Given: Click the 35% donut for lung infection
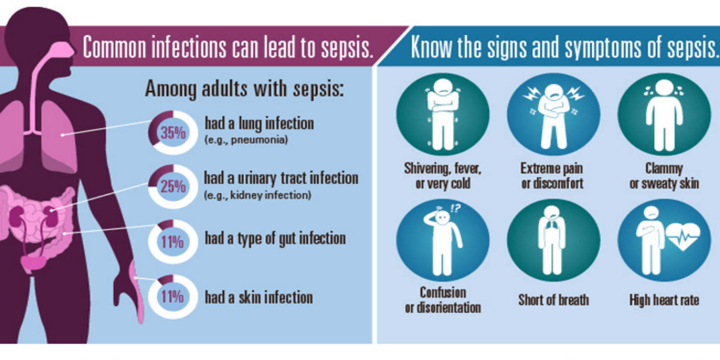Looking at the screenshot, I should tap(173, 132).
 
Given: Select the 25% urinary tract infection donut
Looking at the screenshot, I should tap(173, 186).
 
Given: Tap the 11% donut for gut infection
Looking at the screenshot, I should tap(172, 242).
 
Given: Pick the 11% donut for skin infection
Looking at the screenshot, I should tap(172, 297).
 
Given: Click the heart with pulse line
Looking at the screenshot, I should tap(683, 235).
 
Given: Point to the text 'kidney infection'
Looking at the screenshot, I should tap(270, 195).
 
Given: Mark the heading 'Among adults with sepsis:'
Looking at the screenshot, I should tap(244, 89).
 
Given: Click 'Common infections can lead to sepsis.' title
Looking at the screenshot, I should tap(228, 47).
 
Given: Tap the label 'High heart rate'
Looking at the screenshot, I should tap(664, 300).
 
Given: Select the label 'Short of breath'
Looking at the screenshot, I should tap(553, 300).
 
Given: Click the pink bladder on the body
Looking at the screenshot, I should tap(32, 263).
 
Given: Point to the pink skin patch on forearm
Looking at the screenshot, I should tap(137, 292).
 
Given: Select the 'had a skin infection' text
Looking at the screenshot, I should tap(259, 297).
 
